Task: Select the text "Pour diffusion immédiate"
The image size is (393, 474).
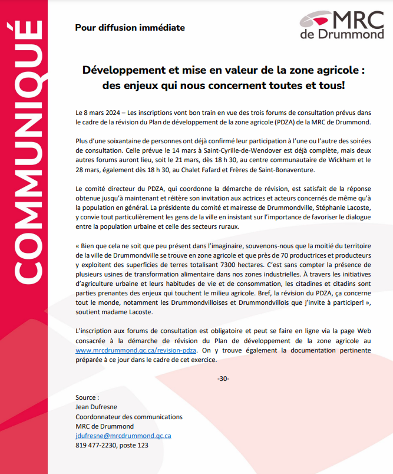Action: pyautogui.click(x=130, y=27)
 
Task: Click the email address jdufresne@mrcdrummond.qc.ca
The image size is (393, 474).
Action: pyautogui.click(x=124, y=436)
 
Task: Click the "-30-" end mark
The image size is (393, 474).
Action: pyautogui.click(x=223, y=378)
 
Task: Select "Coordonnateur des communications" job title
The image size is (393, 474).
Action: pyautogui.click(x=129, y=417)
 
